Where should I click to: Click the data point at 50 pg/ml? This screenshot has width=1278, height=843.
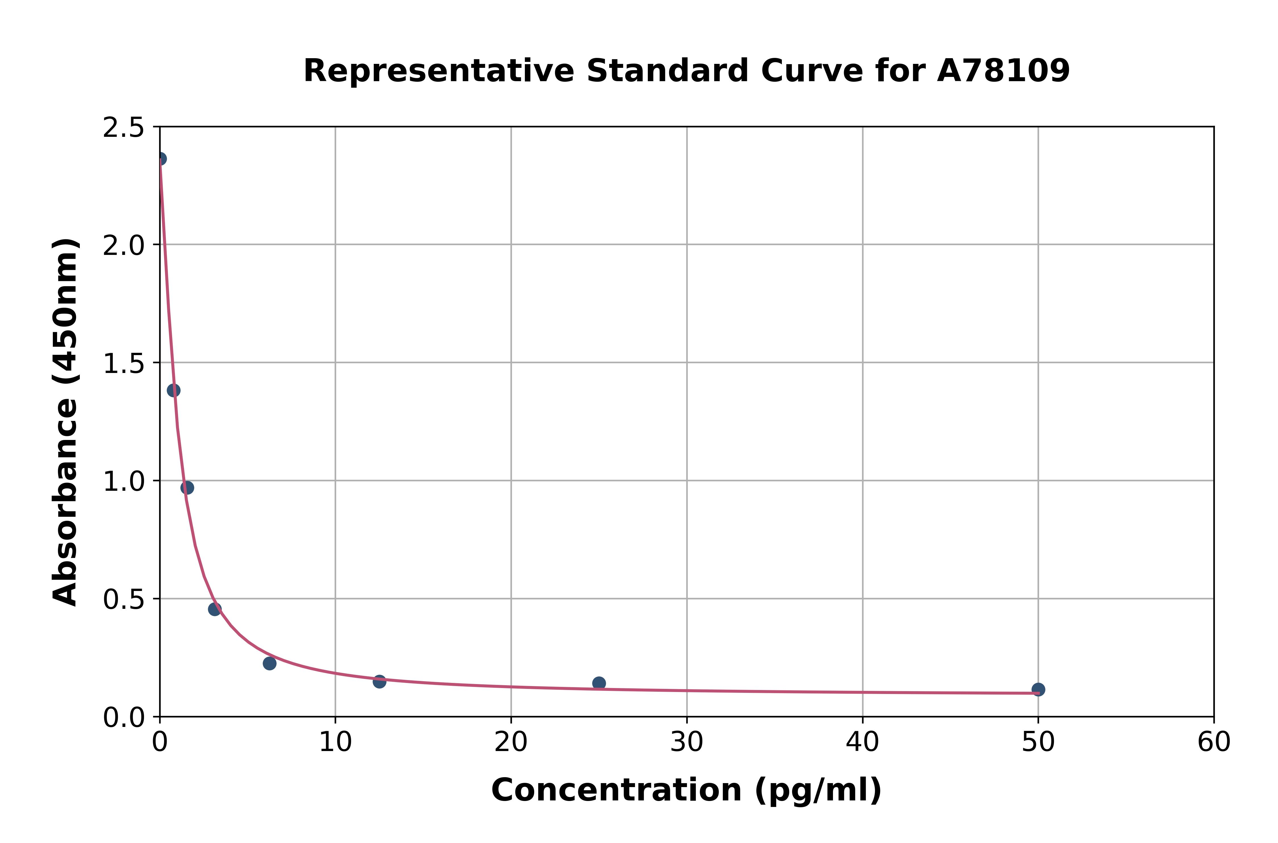1038,689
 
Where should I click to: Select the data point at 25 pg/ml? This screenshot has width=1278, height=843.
599,683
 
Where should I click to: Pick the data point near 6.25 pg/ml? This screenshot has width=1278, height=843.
270,663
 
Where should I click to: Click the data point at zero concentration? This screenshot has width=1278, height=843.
160,159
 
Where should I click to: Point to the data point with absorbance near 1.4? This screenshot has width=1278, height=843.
173,390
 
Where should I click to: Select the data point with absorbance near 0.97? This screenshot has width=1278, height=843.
187,488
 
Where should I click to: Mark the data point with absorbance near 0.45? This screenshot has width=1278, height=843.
215,609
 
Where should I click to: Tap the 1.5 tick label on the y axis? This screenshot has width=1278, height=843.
124,363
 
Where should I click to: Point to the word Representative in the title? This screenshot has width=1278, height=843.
439,70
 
